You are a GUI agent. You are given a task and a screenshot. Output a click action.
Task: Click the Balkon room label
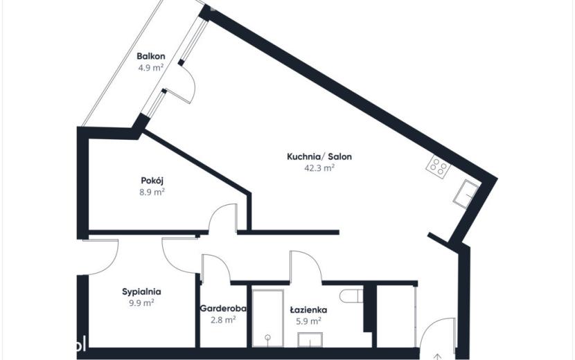(151, 56)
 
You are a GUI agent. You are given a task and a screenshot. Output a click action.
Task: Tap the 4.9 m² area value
(151, 67)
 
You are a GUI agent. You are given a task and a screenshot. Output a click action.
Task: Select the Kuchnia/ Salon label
(319, 156)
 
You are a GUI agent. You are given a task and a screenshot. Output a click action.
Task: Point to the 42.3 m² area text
(319, 168)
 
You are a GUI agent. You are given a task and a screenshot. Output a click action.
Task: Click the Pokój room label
(152, 181)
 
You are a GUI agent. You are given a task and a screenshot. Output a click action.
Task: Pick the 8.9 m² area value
(152, 192)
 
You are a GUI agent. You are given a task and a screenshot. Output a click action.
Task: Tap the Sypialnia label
(141, 292)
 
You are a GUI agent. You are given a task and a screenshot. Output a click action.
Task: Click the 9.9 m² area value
(141, 303)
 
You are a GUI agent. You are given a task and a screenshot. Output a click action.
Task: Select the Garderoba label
(223, 308)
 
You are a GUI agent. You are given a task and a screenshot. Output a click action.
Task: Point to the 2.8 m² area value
(223, 320)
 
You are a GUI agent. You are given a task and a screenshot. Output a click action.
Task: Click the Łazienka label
(308, 309)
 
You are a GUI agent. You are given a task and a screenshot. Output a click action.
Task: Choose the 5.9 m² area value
(308, 321)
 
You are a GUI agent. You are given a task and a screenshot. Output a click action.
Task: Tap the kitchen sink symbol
(466, 195)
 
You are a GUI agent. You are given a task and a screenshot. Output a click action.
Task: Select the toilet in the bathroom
(351, 296)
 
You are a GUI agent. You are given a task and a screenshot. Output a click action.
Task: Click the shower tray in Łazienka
(267, 318)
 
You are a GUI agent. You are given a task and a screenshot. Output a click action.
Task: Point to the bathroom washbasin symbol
(310, 339)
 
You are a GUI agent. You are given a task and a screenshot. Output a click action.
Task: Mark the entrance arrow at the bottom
(437, 357)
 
